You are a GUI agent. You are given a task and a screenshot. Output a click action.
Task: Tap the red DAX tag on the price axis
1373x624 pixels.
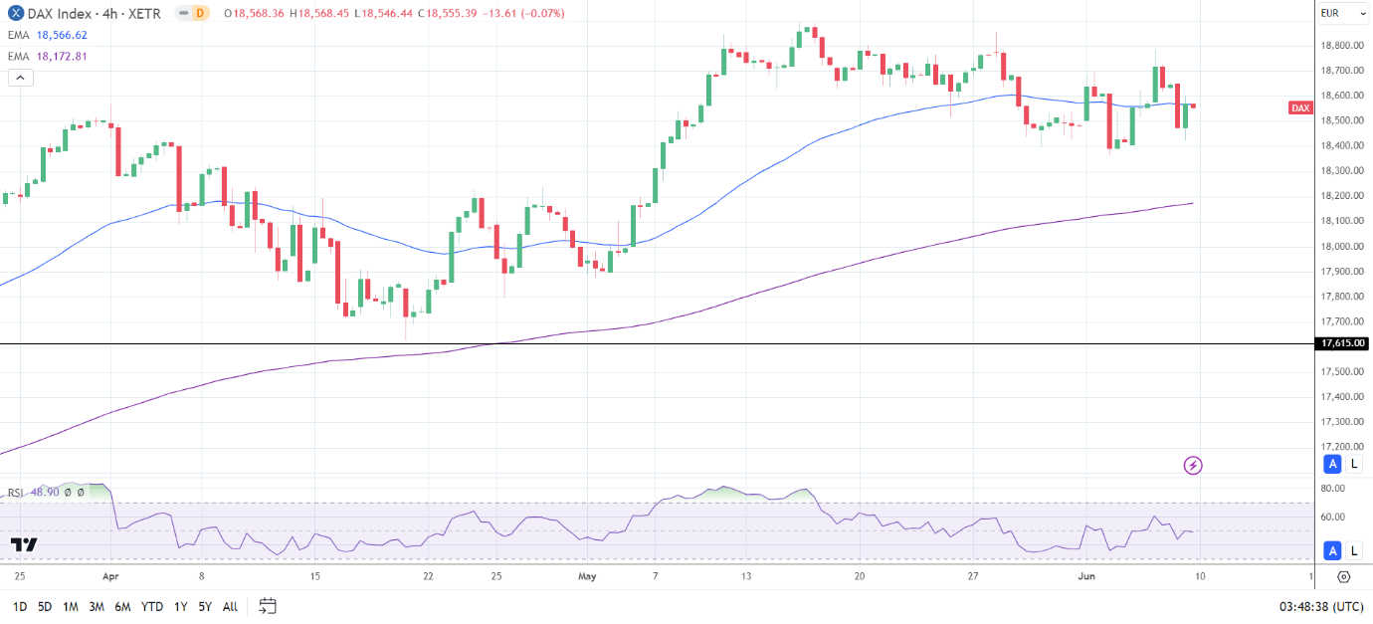(x=1300, y=107)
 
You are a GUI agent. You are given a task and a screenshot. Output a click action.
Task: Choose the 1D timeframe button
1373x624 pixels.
(x=20, y=606)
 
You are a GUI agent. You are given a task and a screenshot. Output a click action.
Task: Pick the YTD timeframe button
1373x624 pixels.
(x=152, y=606)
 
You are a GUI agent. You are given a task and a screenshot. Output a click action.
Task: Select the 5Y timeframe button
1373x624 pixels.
(x=204, y=606)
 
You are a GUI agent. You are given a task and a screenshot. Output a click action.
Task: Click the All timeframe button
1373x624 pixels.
(x=230, y=606)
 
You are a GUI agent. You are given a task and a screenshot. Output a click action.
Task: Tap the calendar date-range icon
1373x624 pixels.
(x=267, y=605)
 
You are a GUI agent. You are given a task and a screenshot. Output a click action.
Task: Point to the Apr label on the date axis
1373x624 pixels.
(x=110, y=576)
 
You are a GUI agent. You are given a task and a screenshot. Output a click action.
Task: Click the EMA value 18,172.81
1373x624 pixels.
(x=62, y=57)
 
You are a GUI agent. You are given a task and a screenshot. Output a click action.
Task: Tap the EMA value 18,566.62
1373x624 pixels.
(x=62, y=35)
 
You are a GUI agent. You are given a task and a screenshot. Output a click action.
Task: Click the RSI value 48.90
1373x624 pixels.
(x=44, y=493)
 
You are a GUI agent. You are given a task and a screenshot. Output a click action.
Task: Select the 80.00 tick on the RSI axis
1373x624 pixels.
(x=1333, y=489)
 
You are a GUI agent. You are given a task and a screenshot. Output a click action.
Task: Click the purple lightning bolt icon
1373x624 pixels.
(x=1193, y=465)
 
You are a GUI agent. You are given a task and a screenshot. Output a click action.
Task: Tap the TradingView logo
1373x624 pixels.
(x=24, y=544)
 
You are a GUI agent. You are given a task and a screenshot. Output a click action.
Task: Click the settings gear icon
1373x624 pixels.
(x=1343, y=576)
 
